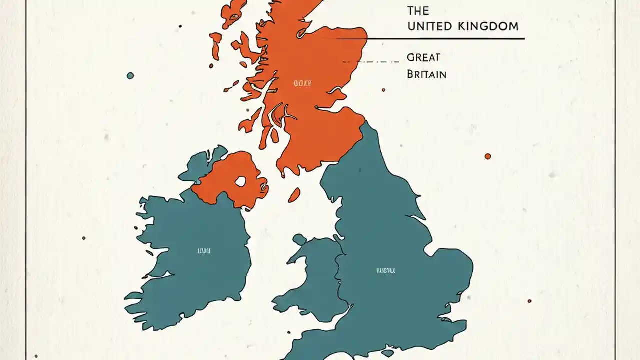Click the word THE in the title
point(418,10)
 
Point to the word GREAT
point(424,57)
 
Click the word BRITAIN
point(426,74)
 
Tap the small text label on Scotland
point(302,83)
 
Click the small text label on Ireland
point(204,250)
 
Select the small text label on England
point(385,270)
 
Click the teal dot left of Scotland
point(130,76)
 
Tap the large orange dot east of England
point(488,156)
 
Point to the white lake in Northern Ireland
point(241,181)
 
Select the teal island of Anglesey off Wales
point(299,239)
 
